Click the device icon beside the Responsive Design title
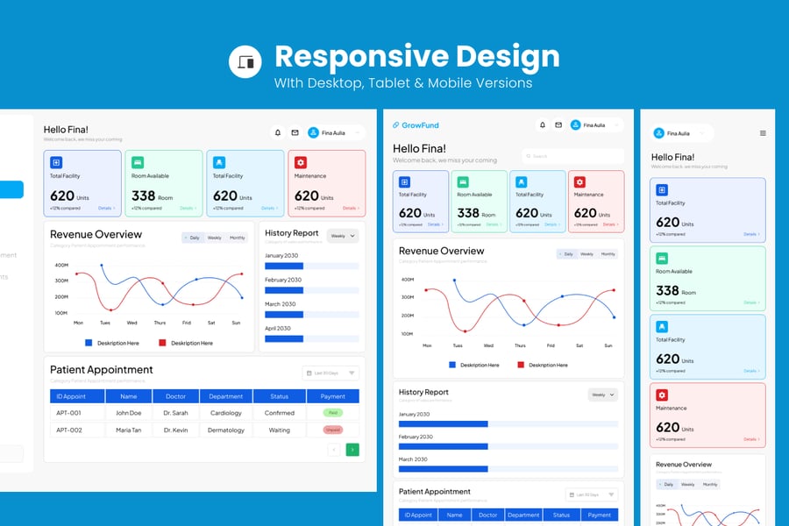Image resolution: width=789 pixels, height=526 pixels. click(245, 61)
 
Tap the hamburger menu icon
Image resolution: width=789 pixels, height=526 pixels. click(763, 133)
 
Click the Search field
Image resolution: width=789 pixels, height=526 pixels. click(573, 156)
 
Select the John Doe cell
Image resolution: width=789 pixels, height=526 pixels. click(129, 413)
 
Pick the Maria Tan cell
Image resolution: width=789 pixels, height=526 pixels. click(129, 430)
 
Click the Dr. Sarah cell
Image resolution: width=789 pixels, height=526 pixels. click(175, 413)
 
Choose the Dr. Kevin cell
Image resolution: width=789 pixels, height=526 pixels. click(175, 430)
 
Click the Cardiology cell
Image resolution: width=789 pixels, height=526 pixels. click(226, 413)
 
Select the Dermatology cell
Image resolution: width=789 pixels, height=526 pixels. click(226, 430)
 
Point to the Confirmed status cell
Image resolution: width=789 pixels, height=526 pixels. click(280, 413)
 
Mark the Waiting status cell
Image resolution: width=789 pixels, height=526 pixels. click(280, 430)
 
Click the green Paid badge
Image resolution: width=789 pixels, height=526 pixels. click(333, 413)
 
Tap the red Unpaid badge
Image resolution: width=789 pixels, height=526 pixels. click(333, 430)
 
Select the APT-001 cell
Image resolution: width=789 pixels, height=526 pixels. click(69, 413)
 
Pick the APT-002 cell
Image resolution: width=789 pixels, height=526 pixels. click(69, 430)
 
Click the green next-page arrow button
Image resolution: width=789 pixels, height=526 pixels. click(352, 450)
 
